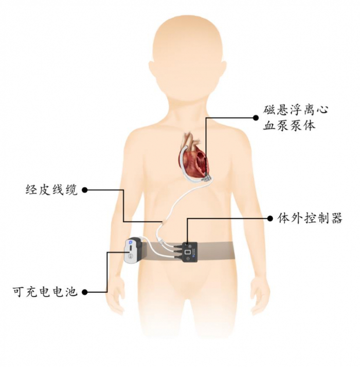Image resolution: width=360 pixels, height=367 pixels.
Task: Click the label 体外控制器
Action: (x=310, y=218)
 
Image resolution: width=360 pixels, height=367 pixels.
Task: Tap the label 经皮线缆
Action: (x=51, y=190)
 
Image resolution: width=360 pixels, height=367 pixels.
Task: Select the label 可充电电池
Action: (x=45, y=292)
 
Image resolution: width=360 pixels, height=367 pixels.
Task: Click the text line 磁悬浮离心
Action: (x=295, y=110)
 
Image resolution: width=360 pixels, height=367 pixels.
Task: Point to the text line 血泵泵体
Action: (x=289, y=126)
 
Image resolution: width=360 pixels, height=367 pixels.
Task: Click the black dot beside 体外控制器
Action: (x=270, y=218)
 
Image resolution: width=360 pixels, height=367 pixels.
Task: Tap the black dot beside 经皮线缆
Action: (x=85, y=190)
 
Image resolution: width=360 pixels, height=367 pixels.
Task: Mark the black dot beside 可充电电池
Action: (x=85, y=292)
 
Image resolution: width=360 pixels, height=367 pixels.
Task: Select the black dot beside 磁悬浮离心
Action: (x=256, y=118)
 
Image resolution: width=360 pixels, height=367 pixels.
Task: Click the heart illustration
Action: (x=193, y=159)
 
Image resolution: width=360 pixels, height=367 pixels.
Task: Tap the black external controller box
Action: (x=190, y=252)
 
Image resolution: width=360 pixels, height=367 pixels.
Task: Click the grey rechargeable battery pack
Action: (x=133, y=250)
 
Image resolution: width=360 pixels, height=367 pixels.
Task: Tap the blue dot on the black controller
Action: (x=194, y=256)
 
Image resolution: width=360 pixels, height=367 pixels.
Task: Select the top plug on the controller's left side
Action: (x=177, y=246)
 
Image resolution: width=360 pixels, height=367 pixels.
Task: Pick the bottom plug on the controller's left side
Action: (x=177, y=257)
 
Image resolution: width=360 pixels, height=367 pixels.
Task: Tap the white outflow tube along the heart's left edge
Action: (x=183, y=161)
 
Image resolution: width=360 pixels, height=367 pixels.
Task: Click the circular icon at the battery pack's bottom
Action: (x=130, y=256)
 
